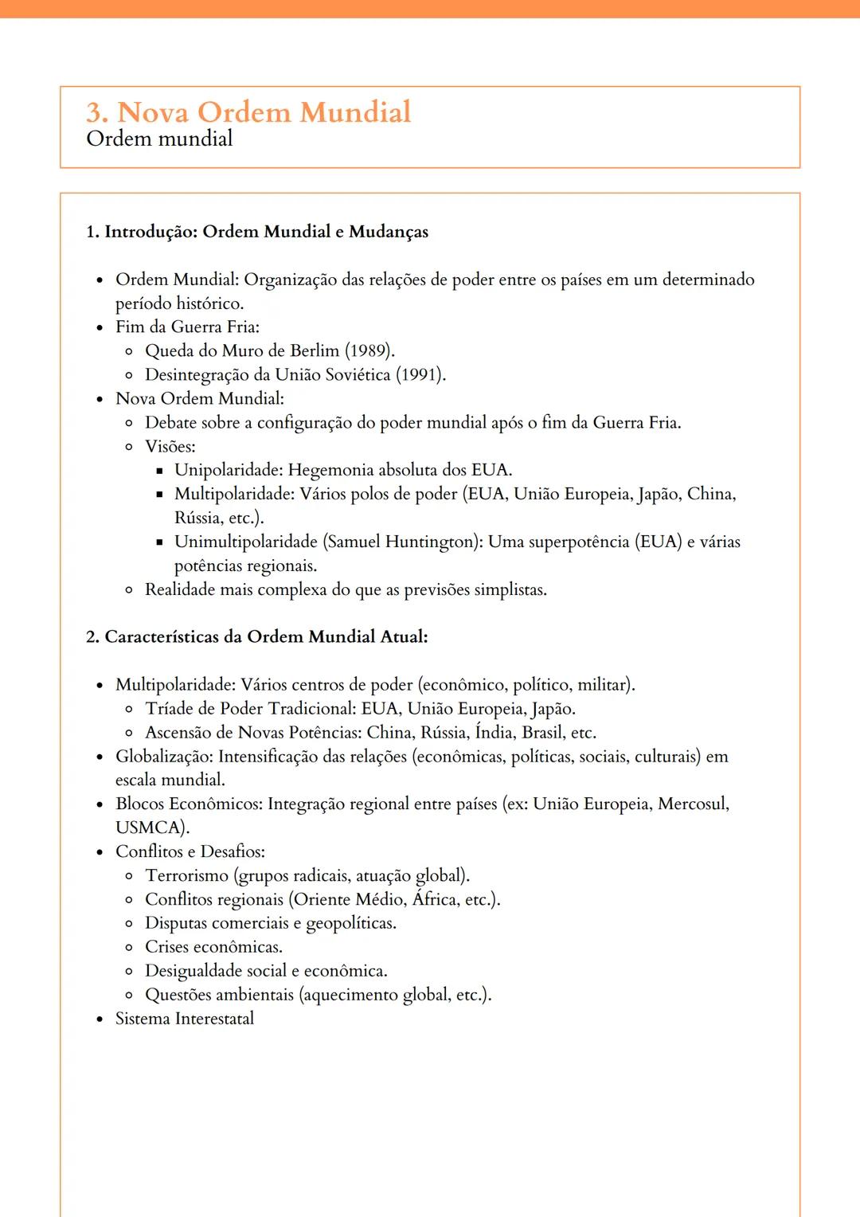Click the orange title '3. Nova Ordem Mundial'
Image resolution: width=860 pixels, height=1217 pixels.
coord(248,112)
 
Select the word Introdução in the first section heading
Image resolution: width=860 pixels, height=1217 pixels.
coord(150,232)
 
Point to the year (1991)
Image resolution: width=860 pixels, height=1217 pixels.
coord(420,375)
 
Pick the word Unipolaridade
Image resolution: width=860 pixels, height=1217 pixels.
coord(228,470)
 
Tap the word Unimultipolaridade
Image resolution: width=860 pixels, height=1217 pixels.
coord(246,542)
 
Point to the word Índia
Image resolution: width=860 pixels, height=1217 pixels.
coord(495,733)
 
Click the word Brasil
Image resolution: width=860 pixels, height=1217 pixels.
coord(543,733)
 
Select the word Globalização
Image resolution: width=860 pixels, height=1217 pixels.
coord(163,757)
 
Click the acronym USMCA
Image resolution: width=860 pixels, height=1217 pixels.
coord(151,828)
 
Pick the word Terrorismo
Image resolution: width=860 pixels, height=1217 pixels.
coord(186,875)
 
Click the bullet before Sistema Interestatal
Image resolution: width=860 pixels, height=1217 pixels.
coord(100,1019)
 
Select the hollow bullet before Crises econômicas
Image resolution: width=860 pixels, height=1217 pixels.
coord(129,948)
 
